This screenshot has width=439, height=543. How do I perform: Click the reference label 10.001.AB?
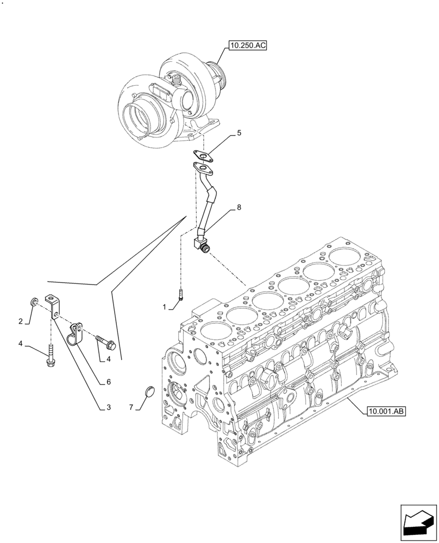pos(383,411)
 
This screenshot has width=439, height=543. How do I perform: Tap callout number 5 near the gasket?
pos(239,133)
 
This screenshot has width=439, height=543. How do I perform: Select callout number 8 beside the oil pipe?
pos(239,208)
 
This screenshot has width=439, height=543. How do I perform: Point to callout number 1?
pos(164,307)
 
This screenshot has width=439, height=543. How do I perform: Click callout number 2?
pos(21,322)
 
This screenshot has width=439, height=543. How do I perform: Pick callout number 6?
pos(109,382)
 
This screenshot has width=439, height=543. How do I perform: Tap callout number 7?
pos(131,407)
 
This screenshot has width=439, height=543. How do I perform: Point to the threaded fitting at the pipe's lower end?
pos(204,248)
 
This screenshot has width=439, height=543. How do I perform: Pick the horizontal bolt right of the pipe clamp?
pos(105,341)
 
